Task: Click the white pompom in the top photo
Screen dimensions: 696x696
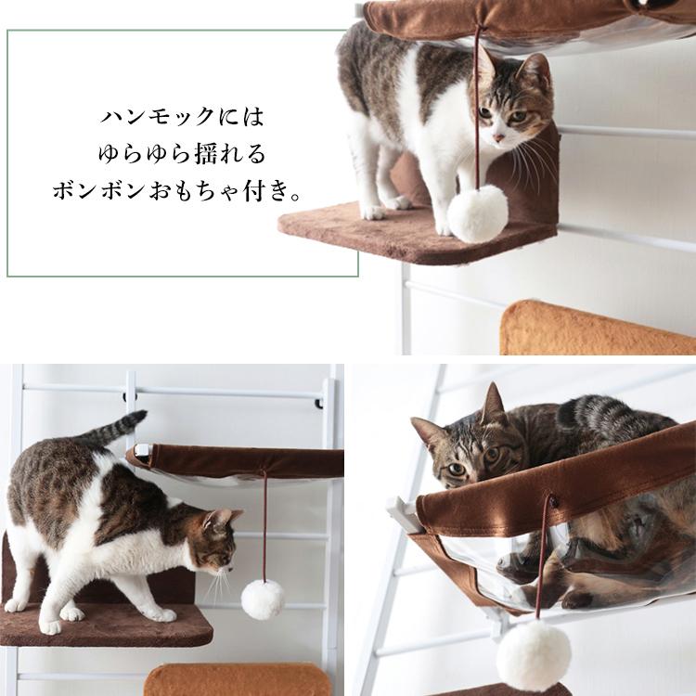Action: pyautogui.click(x=477, y=213)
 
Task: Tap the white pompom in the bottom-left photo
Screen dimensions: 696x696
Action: pyautogui.click(x=263, y=599)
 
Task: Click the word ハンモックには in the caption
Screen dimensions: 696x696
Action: pyautogui.click(x=183, y=118)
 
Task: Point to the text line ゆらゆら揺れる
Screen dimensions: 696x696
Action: pyautogui.click(x=182, y=154)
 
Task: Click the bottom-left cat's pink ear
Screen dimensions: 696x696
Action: pyautogui.click(x=223, y=517)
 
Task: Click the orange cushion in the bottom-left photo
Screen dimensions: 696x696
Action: pyautogui.click(x=237, y=679)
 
